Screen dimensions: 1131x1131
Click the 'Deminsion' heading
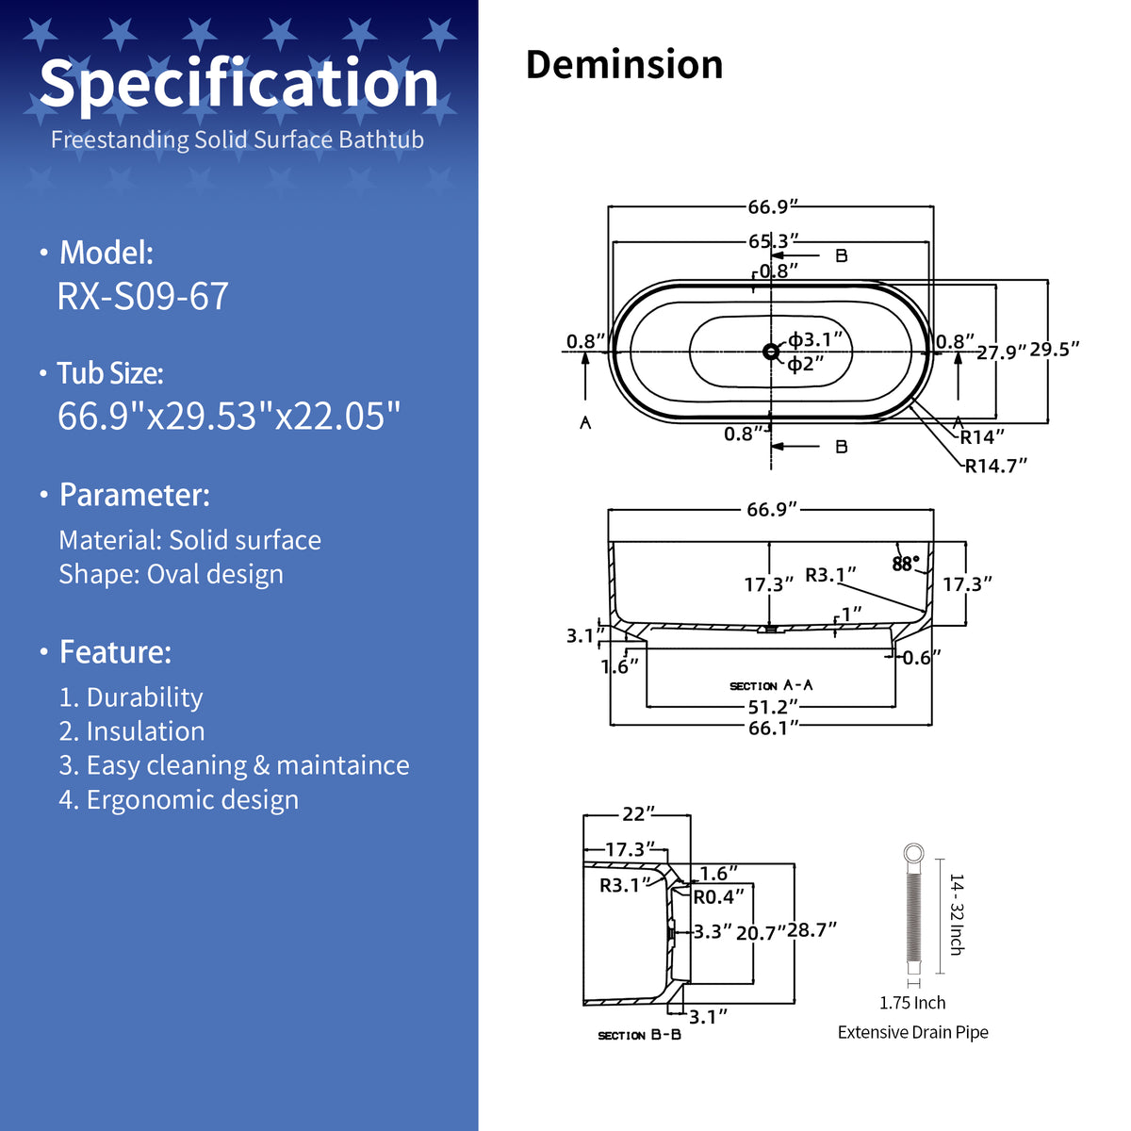[x=624, y=64]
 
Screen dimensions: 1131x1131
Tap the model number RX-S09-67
[x=142, y=296]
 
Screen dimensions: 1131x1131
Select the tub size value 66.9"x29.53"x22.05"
[x=229, y=416]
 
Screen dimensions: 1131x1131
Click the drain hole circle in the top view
[x=771, y=352]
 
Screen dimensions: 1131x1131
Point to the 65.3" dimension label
[x=774, y=241]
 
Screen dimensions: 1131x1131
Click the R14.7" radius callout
[x=996, y=466]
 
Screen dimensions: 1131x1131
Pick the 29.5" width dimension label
[x=1054, y=350]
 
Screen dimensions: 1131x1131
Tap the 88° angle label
[x=906, y=564]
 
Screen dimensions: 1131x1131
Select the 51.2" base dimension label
[x=774, y=707]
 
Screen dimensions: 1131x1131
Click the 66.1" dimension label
[x=774, y=729]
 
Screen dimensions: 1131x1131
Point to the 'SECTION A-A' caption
[x=771, y=685]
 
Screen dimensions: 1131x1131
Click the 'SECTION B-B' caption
[x=639, y=1035]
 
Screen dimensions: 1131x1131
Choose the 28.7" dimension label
[x=811, y=930]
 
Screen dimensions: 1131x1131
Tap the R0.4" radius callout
[x=719, y=897]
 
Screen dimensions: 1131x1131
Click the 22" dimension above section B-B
[x=638, y=814]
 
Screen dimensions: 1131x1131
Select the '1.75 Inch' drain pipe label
[x=912, y=1003]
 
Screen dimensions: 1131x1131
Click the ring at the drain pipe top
[x=913, y=853]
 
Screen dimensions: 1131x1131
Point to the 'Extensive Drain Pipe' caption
[x=912, y=1032]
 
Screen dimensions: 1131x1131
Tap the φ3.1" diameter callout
[x=815, y=339]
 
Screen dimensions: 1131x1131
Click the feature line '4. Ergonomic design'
[x=178, y=800]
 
